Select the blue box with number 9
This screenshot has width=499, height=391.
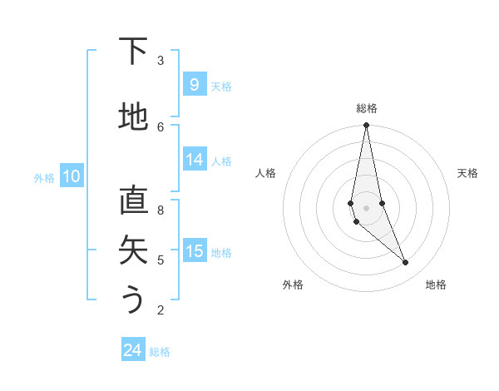(194, 85)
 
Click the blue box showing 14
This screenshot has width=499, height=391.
(194, 161)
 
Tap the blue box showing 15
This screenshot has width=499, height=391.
(194, 251)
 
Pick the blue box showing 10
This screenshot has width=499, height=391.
(72, 176)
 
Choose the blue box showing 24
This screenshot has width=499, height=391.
(133, 350)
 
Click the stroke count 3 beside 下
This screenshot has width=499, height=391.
(161, 60)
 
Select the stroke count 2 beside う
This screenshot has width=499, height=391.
(161, 310)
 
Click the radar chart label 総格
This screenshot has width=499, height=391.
(366, 108)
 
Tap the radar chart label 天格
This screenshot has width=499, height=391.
(467, 173)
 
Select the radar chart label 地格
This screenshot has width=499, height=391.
(436, 285)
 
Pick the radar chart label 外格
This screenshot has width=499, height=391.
(293, 285)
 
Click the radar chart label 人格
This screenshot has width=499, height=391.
(265, 173)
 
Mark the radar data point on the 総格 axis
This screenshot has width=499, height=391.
(366, 126)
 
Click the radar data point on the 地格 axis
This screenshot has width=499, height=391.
(405, 263)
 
